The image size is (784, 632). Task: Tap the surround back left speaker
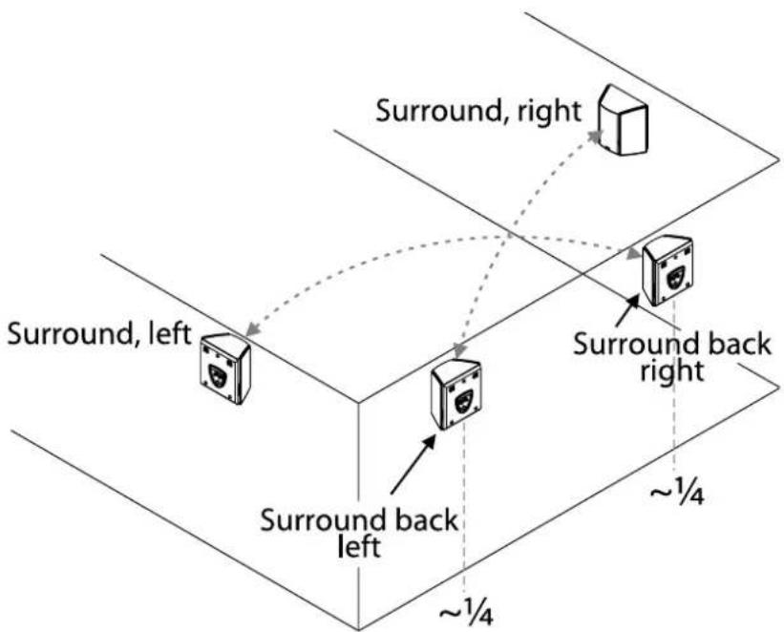[456, 393]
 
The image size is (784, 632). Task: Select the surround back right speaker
[668, 269]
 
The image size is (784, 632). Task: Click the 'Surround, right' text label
[478, 110]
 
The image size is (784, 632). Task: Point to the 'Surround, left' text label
[99, 336]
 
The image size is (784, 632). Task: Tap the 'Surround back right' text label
[671, 355]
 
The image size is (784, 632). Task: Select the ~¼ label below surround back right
[677, 495]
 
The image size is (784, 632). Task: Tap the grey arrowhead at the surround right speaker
[596, 137]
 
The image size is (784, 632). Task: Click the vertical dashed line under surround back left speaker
[464, 516]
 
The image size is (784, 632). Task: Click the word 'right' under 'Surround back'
[672, 369]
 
